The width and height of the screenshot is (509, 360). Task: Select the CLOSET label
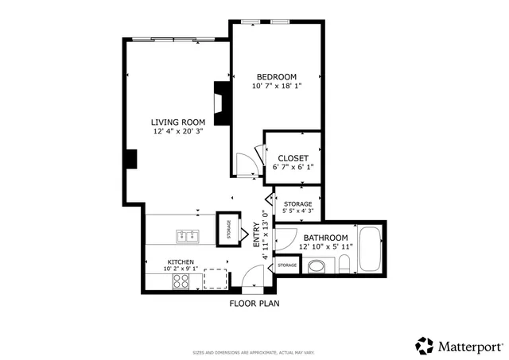tap(293, 158)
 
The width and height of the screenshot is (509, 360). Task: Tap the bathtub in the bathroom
tap(371, 249)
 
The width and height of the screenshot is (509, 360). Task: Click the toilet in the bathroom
tap(315, 266)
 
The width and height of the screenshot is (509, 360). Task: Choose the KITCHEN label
tap(181, 261)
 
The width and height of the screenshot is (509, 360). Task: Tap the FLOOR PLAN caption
tap(254, 303)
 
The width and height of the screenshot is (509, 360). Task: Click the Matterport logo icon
tap(425, 346)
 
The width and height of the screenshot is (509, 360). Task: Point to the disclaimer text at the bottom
tap(254, 352)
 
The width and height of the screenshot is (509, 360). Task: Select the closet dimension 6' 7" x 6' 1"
tap(293, 168)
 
